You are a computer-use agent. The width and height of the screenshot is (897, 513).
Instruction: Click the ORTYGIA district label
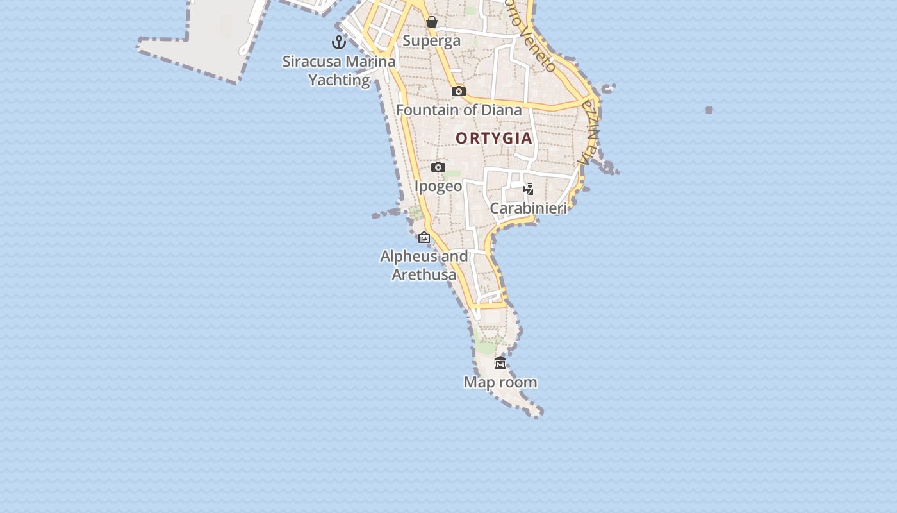click(x=493, y=138)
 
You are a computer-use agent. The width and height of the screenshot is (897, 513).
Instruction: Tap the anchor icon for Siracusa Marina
click(x=339, y=43)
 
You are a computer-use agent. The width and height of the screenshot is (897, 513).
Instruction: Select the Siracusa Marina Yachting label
click(x=339, y=71)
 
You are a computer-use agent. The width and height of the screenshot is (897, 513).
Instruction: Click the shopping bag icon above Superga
click(x=432, y=22)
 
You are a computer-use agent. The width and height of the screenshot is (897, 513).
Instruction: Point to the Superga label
click(x=431, y=41)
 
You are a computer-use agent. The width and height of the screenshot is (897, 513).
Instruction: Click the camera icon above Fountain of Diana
click(x=458, y=91)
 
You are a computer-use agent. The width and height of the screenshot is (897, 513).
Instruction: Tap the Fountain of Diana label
click(x=459, y=110)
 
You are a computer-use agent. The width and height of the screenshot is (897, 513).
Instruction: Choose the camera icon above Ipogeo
click(x=438, y=167)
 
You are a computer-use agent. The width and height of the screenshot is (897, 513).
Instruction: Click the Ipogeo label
click(x=438, y=186)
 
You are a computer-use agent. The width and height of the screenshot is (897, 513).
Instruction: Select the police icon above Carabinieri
click(x=529, y=189)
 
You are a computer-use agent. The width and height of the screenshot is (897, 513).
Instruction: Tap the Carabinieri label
click(x=529, y=208)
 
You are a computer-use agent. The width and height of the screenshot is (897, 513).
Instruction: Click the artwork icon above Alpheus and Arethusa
click(x=424, y=237)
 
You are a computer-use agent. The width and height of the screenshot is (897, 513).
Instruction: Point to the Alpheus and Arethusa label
click(x=424, y=265)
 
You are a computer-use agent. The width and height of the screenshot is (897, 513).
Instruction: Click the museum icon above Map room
click(x=500, y=363)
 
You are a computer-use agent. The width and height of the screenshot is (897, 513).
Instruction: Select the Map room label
click(x=500, y=382)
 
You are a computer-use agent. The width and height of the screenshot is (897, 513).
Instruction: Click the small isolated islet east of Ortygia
click(x=709, y=110)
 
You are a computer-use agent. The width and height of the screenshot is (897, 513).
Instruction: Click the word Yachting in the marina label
click(x=339, y=80)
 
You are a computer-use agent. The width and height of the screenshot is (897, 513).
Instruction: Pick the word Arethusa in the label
click(x=424, y=274)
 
